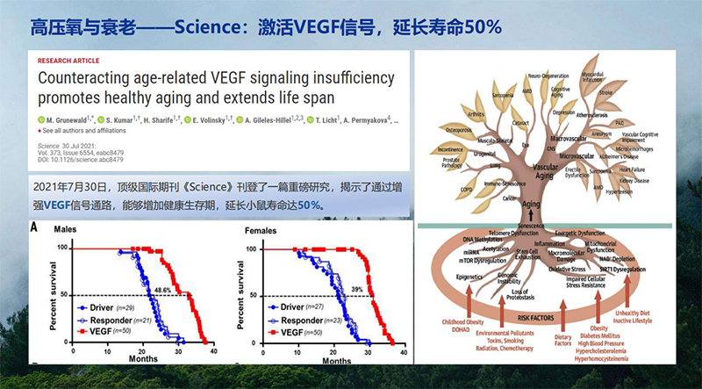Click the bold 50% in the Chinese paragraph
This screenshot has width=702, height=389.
[x=309, y=205]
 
